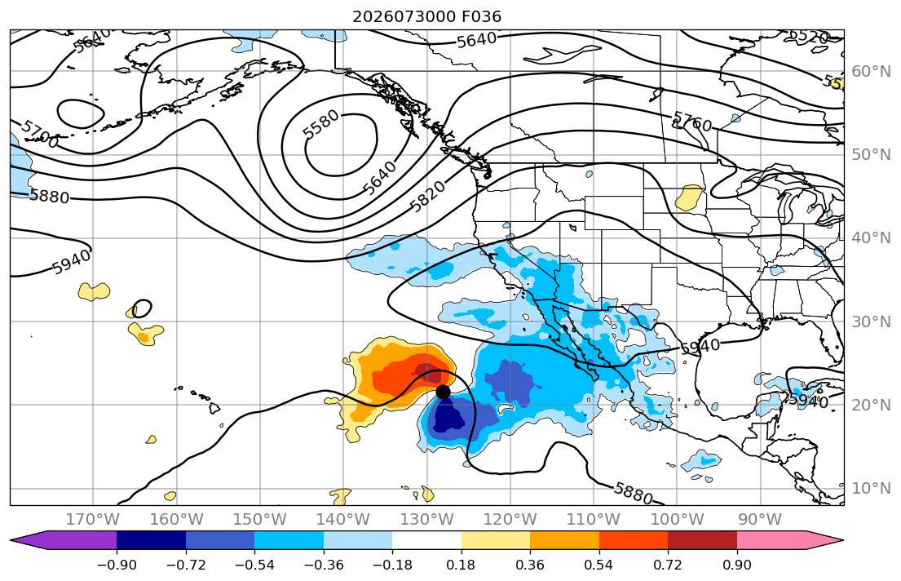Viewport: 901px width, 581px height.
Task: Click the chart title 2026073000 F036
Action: (x=426, y=16)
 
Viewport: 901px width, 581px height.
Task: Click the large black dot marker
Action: (x=443, y=392)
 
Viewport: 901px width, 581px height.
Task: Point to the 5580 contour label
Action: (x=320, y=124)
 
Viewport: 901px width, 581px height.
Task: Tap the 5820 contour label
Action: (x=427, y=196)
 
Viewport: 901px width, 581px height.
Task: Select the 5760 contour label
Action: (x=691, y=122)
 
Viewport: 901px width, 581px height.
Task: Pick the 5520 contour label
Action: (x=809, y=38)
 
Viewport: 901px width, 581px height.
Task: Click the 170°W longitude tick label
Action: (x=92, y=520)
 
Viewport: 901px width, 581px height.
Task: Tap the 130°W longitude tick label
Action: (x=426, y=520)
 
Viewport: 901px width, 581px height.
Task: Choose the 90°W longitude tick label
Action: (x=760, y=520)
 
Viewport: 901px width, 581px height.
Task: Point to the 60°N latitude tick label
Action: (x=871, y=71)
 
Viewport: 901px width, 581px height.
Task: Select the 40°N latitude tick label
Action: (x=871, y=237)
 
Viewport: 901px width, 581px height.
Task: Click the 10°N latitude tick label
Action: (x=871, y=489)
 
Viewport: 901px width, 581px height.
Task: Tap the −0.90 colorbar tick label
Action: (x=117, y=565)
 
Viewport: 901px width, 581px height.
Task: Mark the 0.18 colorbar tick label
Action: (x=461, y=565)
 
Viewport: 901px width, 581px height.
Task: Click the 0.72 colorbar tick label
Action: (x=668, y=565)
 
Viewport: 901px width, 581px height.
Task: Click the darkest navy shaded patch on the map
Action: (x=448, y=416)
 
